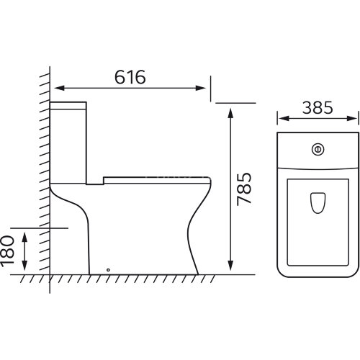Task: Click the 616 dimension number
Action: [130, 77]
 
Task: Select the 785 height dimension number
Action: [244, 189]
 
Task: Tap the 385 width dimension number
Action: [318, 107]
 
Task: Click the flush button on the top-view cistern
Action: [318, 150]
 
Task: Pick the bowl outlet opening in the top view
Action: [318, 203]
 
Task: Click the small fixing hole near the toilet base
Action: [108, 270]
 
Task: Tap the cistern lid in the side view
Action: [68, 106]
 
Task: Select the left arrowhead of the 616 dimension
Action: [60, 88]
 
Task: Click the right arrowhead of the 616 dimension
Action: [200, 88]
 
